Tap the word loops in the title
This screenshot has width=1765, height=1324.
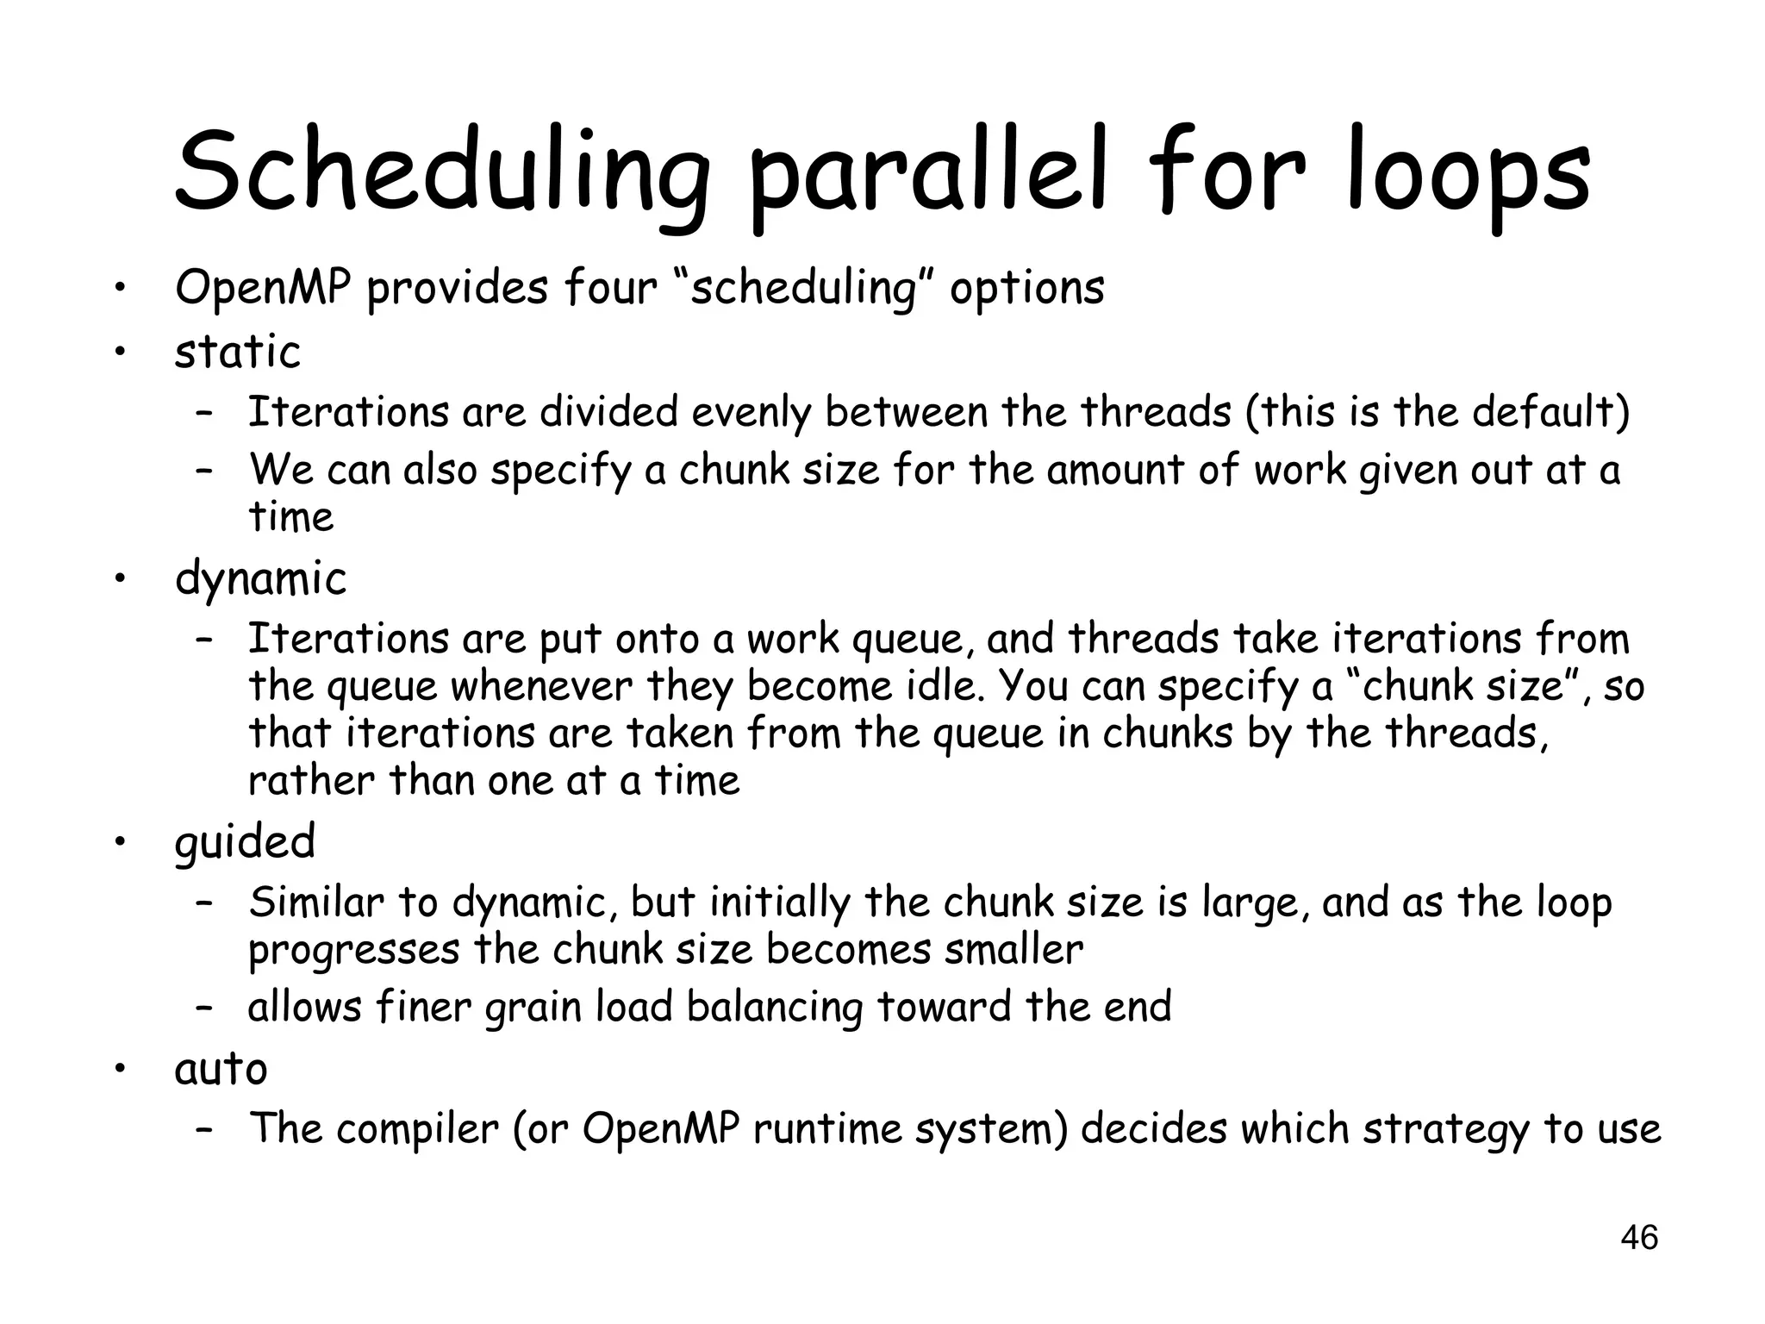coord(1469,172)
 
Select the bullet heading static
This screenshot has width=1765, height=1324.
coord(238,352)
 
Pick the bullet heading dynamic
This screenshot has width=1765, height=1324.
coord(260,578)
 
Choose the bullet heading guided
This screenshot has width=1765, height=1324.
coord(245,841)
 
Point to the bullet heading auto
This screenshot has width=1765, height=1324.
coord(221,1069)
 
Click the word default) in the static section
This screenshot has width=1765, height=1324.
coord(1550,412)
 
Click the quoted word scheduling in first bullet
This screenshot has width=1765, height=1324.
coord(803,289)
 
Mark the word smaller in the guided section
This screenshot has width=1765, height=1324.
coord(1013,950)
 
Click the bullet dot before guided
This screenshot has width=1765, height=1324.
coord(122,841)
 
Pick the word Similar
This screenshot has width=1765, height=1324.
coord(316,902)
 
